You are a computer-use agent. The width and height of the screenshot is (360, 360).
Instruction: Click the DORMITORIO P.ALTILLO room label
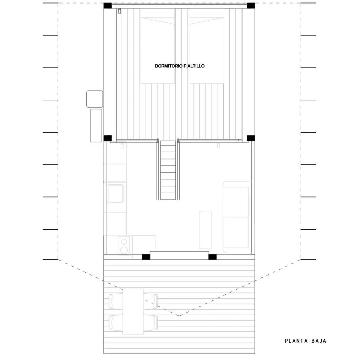point(180,66)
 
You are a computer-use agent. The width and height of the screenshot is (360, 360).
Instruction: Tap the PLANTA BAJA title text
point(305,341)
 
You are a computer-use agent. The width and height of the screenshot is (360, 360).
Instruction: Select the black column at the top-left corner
point(108,6)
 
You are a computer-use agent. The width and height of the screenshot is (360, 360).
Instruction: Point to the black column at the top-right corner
point(251,6)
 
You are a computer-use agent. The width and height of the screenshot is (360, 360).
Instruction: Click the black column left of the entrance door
point(146,257)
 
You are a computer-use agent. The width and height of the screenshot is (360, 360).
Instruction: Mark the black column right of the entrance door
point(212,257)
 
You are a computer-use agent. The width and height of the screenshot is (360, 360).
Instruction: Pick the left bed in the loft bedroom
point(158,46)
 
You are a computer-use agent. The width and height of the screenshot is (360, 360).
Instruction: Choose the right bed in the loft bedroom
point(207,46)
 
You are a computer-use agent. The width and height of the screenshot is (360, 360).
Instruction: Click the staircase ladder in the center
point(168,170)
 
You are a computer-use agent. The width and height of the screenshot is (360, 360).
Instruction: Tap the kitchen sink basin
point(115,193)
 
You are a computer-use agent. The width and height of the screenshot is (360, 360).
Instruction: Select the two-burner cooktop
point(124,245)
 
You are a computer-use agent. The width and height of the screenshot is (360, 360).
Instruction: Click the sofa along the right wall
point(237,217)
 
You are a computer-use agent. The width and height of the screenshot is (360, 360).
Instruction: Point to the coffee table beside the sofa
point(206,230)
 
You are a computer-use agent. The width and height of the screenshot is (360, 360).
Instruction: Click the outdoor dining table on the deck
point(133,311)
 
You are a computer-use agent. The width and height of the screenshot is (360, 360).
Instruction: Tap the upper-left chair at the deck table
point(115,301)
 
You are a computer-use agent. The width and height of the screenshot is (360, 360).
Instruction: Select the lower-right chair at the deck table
point(151,323)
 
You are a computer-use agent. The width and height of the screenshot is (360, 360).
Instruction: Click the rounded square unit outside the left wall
point(94,99)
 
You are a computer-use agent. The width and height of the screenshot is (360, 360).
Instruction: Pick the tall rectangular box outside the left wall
point(96,125)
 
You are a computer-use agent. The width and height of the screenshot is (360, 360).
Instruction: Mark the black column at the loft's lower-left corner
point(108,138)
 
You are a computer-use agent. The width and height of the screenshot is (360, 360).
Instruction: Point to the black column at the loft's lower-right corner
point(251,138)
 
